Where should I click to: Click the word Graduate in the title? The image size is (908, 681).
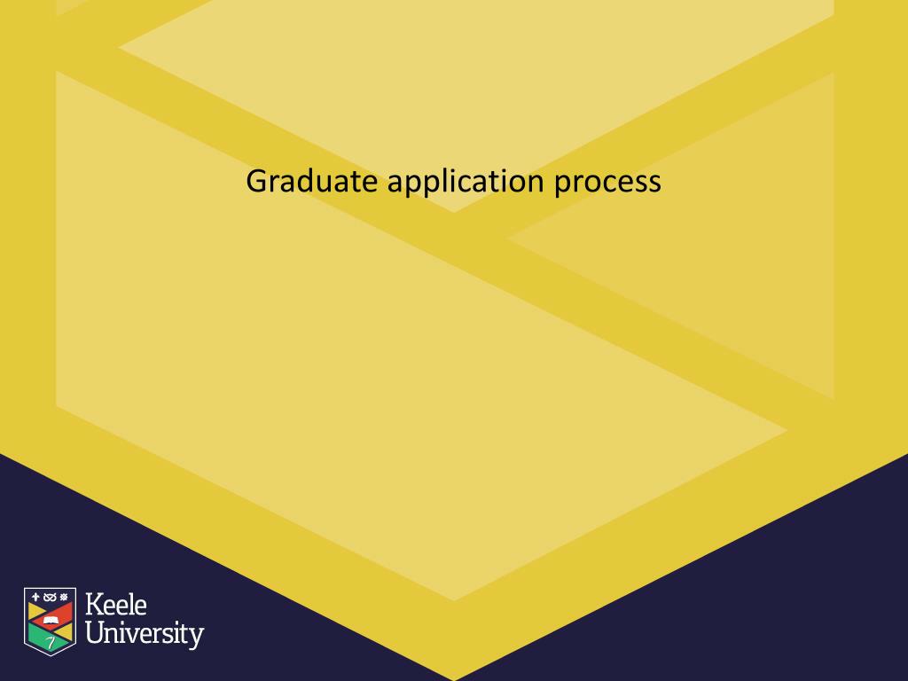(x=313, y=181)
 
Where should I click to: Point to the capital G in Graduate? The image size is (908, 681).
(x=256, y=181)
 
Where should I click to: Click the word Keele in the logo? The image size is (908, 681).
(x=115, y=607)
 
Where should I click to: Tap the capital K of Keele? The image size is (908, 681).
(x=93, y=607)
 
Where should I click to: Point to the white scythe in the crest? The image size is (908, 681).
(x=51, y=642)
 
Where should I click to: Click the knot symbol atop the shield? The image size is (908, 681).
(x=50, y=596)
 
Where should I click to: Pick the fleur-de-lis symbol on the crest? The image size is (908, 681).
(x=36, y=596)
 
